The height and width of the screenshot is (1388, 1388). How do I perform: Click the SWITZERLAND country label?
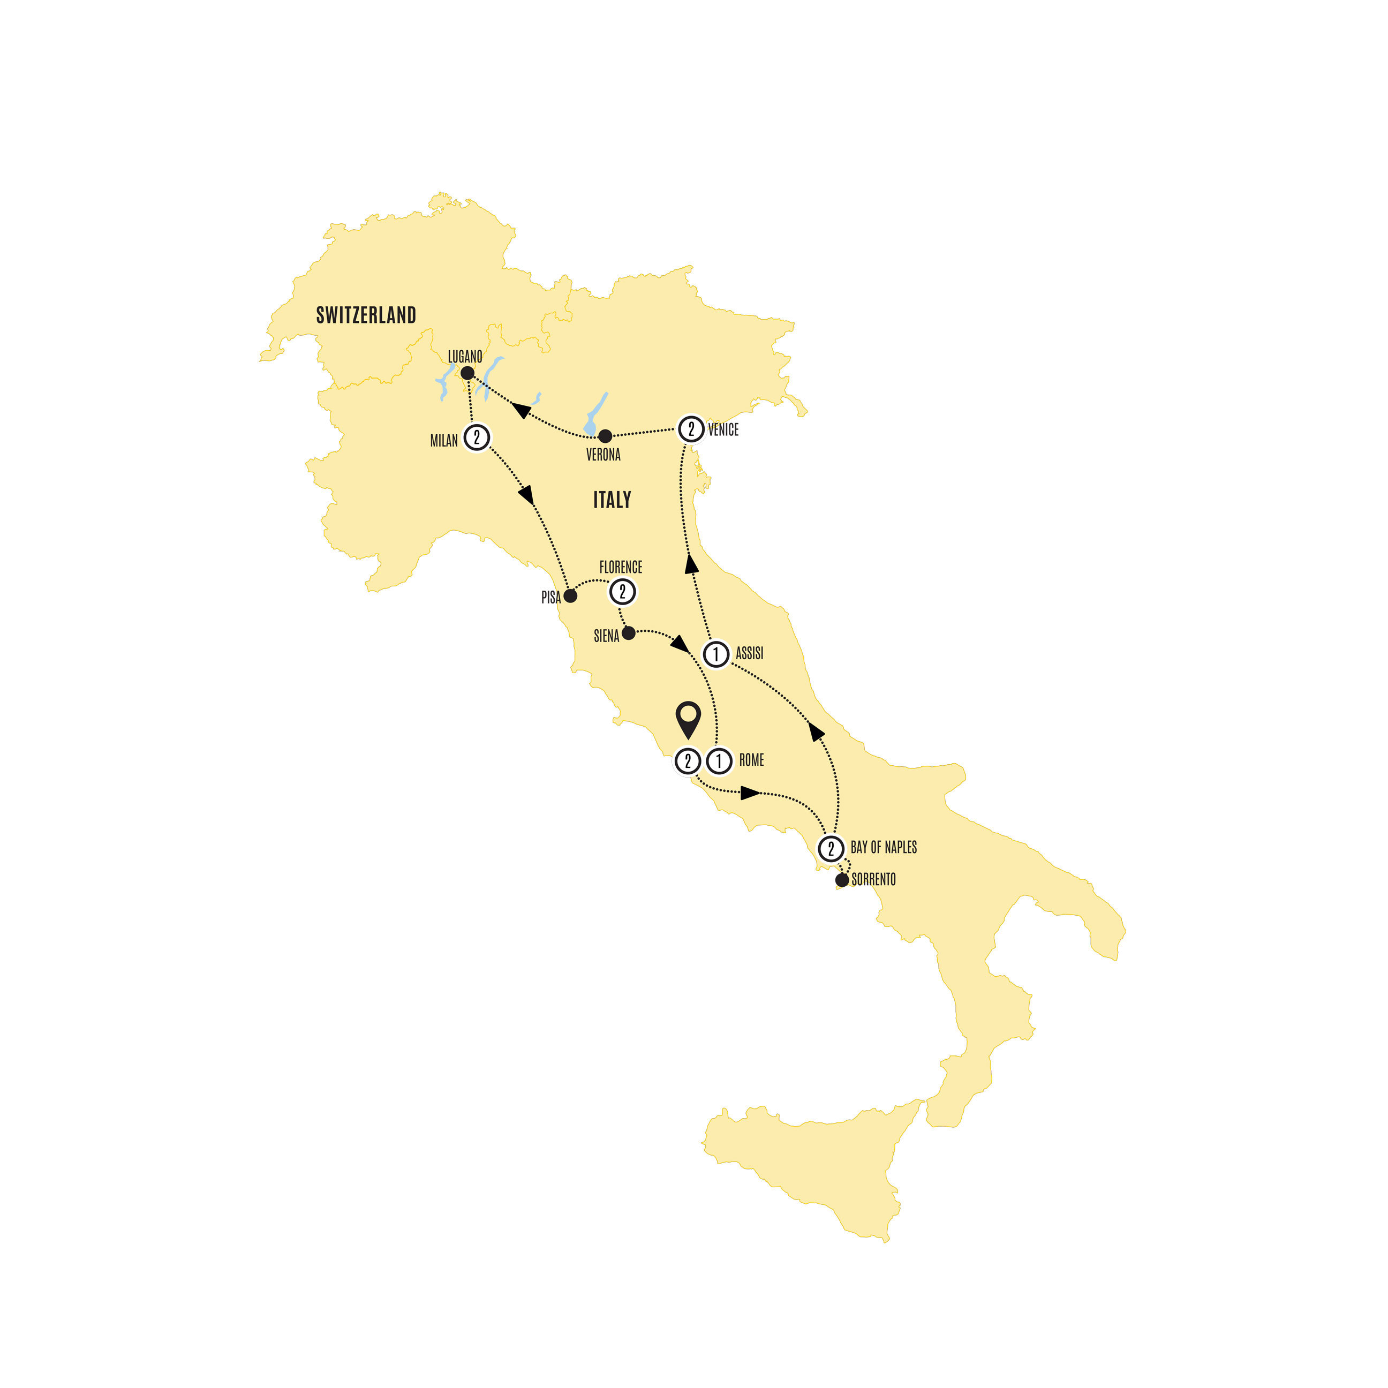click(366, 315)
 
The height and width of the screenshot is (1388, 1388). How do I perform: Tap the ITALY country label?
click(612, 500)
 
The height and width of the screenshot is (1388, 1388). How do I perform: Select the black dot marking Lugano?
click(467, 374)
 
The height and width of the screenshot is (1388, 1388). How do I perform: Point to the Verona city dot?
click(606, 436)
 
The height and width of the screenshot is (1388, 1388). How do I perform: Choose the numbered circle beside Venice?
click(691, 429)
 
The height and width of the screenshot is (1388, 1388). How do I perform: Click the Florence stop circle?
click(623, 592)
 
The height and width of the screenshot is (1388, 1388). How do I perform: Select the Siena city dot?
click(629, 633)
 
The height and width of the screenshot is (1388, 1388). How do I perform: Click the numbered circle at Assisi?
click(715, 654)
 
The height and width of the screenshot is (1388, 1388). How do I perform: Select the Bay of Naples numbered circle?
click(831, 848)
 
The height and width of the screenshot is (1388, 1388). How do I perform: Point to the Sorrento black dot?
click(842, 880)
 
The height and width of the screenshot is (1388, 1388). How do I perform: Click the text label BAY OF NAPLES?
click(884, 848)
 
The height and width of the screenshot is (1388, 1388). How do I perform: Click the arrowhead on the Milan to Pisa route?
click(526, 495)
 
